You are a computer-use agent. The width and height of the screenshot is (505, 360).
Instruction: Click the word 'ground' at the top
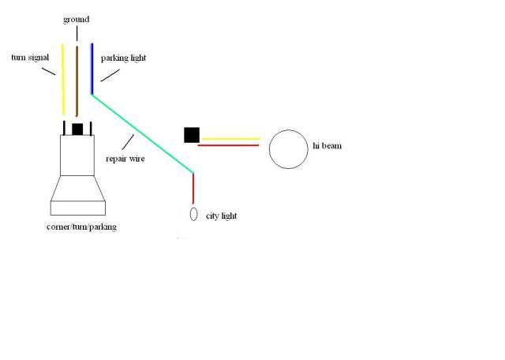76,18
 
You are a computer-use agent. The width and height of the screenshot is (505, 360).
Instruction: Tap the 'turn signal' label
29,58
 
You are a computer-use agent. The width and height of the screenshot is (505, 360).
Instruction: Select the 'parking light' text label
124,58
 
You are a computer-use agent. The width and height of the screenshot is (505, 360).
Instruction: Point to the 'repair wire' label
125,157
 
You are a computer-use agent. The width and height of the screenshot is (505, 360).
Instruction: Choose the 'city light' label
221,216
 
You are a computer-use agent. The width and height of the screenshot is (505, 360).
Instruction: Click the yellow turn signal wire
63,79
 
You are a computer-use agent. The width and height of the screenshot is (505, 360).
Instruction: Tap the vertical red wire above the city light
193,187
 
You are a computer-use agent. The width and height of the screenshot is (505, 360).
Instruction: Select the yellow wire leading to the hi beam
230,139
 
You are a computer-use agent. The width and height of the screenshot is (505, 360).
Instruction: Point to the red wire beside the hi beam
229,145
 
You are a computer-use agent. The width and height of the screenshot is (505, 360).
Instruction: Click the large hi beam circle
287,148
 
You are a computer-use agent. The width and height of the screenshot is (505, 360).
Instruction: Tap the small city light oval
193,215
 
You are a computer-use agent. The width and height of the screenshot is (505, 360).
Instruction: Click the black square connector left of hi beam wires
191,135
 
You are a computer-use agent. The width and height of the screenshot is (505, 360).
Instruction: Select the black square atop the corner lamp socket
77,129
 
